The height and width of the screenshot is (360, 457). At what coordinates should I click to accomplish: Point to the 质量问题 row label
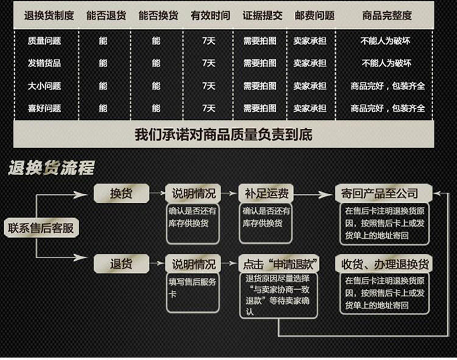[x=44, y=41]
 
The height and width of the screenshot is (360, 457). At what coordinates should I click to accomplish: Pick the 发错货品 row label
[x=44, y=63]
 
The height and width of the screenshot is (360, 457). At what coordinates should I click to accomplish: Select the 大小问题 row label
[x=44, y=86]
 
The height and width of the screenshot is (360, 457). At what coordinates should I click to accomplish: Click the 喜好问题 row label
[x=44, y=108]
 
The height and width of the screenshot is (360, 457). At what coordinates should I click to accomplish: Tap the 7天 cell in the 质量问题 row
[x=209, y=41]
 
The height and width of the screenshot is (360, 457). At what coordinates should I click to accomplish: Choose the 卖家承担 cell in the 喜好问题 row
[x=310, y=108]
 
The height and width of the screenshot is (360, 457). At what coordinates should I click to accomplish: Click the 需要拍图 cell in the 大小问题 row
[x=260, y=86]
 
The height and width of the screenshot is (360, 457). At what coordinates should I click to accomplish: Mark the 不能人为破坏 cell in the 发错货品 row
[x=386, y=63]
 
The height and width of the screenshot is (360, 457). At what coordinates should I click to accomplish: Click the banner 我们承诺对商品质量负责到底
[x=223, y=134]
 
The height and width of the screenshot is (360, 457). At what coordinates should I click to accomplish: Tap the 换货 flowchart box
[x=121, y=194]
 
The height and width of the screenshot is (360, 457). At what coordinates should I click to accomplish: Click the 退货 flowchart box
[x=121, y=264]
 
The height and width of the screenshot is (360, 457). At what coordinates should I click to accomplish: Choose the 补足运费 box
[x=266, y=194]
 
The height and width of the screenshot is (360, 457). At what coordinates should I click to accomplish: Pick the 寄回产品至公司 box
[x=385, y=194]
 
